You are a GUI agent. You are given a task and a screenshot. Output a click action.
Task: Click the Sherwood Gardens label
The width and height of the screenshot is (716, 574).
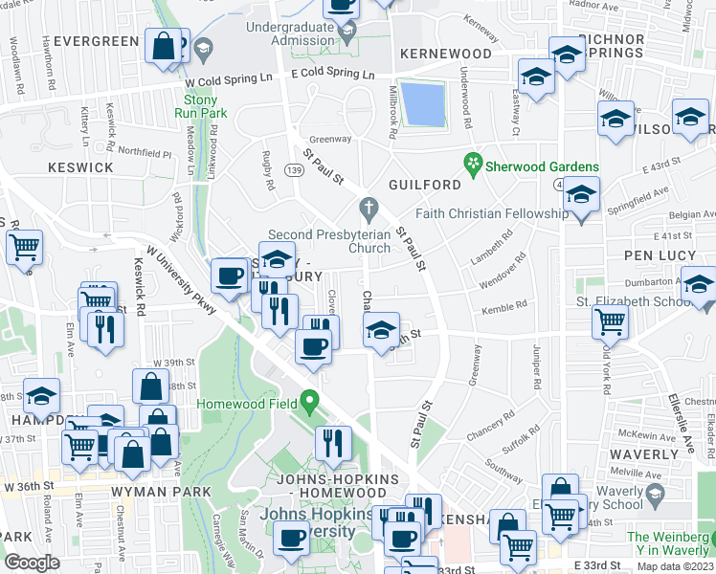pyautogui.click(x=542, y=166)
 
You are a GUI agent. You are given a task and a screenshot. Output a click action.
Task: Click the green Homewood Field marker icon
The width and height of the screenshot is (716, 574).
pyautogui.click(x=308, y=400)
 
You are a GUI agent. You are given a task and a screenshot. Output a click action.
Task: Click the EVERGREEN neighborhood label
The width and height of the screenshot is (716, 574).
pyautogui.click(x=97, y=41)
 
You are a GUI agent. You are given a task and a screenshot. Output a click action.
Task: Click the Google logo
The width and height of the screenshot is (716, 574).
pyautogui.click(x=32, y=562)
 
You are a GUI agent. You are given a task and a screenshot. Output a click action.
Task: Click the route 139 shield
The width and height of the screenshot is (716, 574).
pyautogui.click(x=295, y=170)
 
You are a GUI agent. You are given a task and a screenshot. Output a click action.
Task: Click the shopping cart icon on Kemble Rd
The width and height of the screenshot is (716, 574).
pyautogui.click(x=610, y=322)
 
